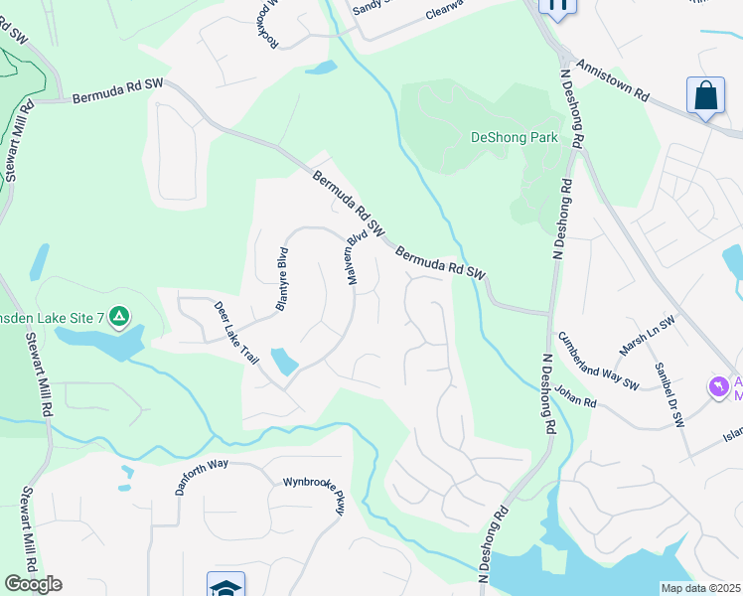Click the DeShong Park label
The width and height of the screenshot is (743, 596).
click(514, 138)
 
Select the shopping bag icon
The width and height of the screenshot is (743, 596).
click(705, 96)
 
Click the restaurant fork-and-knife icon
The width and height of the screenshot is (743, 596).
click(557, 6)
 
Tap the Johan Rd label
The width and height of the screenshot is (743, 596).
click(576, 397)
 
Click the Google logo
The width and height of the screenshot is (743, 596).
click(33, 584)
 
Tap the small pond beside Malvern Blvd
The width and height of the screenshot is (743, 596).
click(283, 361)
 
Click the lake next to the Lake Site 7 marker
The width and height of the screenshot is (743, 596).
click(99, 341)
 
